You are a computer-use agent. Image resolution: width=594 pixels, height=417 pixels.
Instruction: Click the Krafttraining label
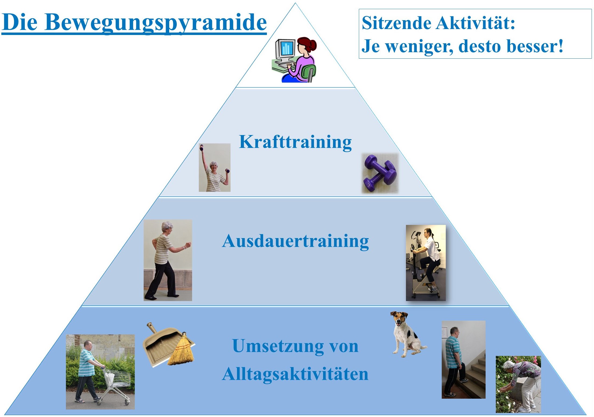295,142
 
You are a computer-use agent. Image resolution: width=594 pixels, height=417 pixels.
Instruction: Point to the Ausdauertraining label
295,241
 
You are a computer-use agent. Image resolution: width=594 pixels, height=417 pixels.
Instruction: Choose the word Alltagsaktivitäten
295,374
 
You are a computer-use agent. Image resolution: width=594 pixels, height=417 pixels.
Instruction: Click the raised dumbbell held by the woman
201,147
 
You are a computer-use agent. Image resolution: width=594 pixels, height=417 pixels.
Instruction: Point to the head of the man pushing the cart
88,345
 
